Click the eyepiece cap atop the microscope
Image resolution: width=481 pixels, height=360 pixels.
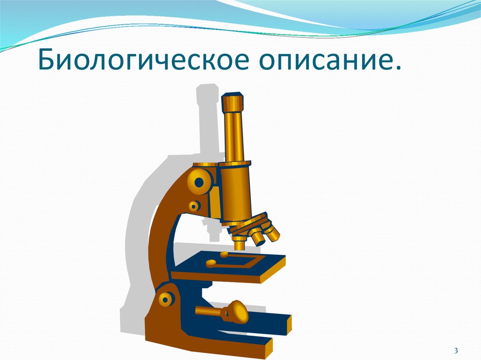click(x=233, y=101)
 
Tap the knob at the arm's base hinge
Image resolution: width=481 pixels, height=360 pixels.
click(x=165, y=299)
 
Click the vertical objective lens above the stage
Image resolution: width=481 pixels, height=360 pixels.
click(x=240, y=242)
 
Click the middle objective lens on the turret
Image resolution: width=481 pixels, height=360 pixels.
click(x=257, y=237)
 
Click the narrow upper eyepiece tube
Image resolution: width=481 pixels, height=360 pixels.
click(x=233, y=136)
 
